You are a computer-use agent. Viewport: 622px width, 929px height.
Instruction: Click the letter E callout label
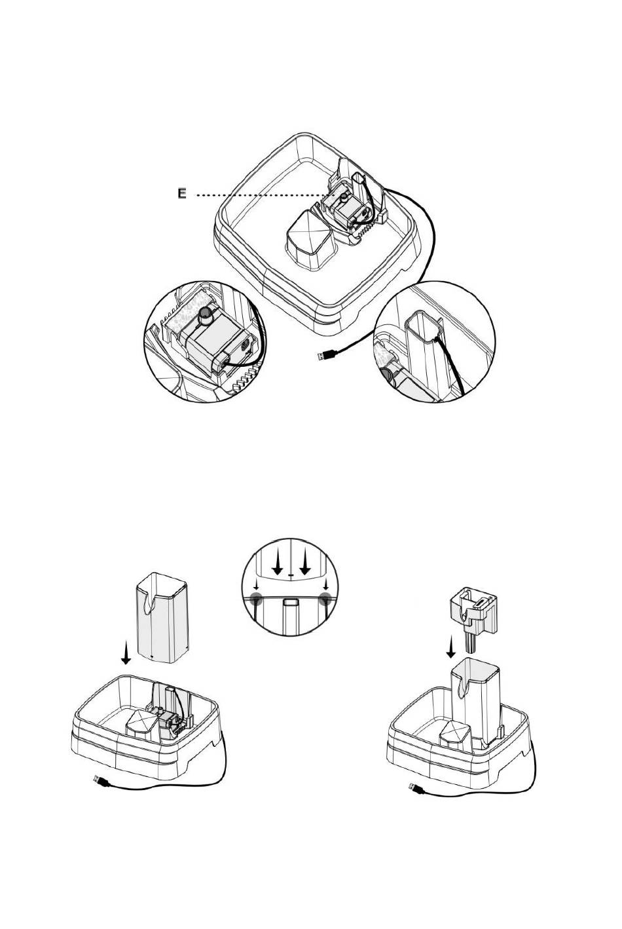(181, 193)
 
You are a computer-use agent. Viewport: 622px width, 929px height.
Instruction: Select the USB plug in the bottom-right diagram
(416, 787)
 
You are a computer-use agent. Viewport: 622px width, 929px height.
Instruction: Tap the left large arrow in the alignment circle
(277, 563)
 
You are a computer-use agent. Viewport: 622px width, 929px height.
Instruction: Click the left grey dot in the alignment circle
(256, 597)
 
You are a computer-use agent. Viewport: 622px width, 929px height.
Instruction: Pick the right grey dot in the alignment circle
(325, 597)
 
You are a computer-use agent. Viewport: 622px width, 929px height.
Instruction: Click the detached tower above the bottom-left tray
(162, 618)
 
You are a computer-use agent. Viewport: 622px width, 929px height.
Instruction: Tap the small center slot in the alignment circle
(290, 602)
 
